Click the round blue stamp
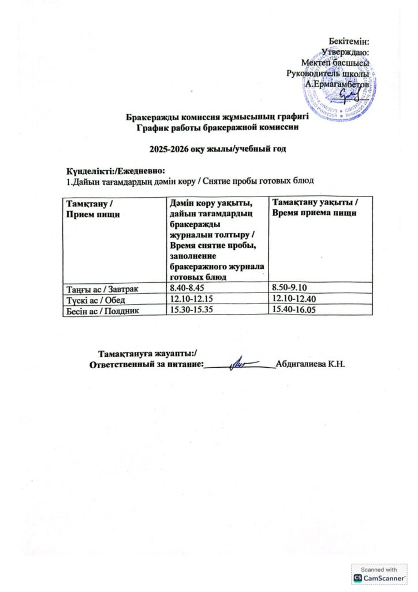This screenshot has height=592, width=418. pos(351,93)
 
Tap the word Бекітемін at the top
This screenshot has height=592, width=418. pos(349,41)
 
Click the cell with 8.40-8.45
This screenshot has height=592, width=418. pos(185,287)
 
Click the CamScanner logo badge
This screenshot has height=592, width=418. pos(379,574)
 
